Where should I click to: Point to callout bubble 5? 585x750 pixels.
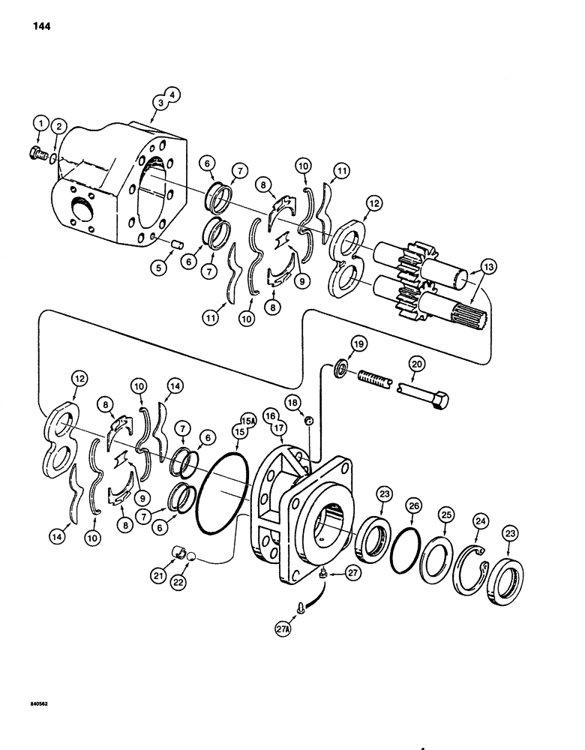click(x=159, y=267)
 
